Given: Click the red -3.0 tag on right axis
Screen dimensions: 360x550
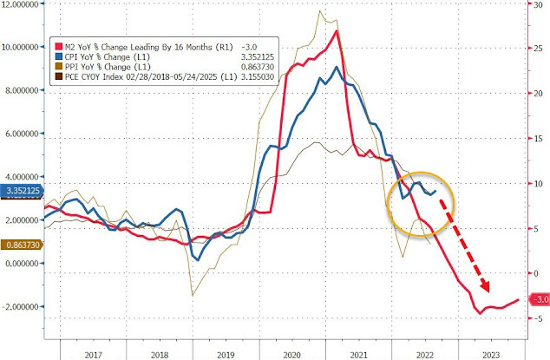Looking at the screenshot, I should (x=538, y=300).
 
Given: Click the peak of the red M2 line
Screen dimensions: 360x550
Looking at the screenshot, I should (x=337, y=32).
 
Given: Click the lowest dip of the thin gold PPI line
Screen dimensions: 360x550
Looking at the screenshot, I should (x=192, y=295).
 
